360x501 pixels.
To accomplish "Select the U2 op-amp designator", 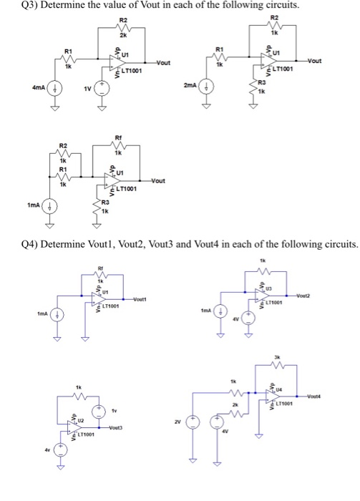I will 79,422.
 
